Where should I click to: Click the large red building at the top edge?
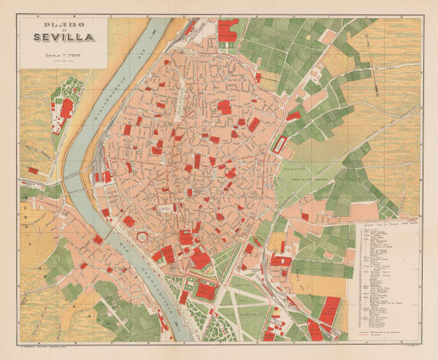click(x=228, y=31)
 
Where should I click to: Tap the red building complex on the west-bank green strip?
click(x=66, y=108)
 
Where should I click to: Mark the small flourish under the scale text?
click(x=64, y=61)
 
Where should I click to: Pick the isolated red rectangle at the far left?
click(x=34, y=169)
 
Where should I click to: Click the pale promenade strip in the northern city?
click(x=180, y=88)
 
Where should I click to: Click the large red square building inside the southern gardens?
click(x=206, y=291)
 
